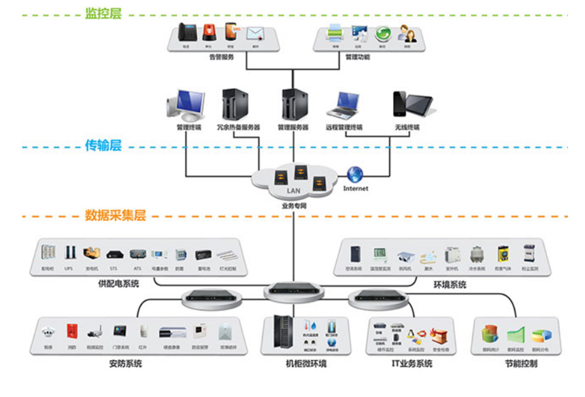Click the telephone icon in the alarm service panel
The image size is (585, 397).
point(187,31)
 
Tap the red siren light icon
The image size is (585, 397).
point(209,31)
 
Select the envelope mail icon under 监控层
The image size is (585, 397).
point(254,33)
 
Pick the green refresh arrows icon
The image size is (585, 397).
point(382,33)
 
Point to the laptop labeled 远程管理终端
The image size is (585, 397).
point(345,106)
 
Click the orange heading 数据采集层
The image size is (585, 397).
point(115,215)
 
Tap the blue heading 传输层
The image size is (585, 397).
point(103,145)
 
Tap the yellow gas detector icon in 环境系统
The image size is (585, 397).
point(502,255)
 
